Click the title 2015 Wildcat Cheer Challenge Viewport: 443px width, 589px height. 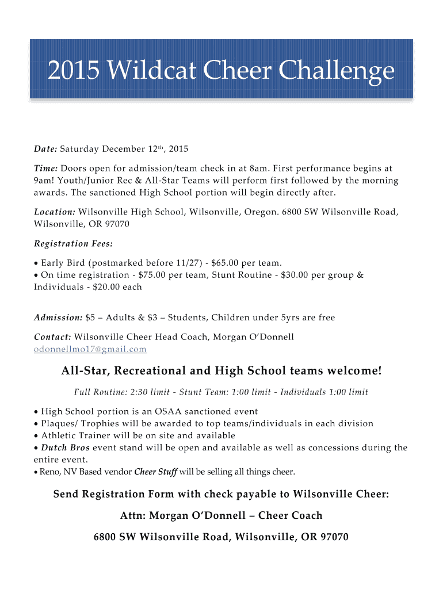[x=221, y=72]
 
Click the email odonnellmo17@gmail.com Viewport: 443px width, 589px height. [x=90, y=349]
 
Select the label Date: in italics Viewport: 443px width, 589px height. [x=45, y=150]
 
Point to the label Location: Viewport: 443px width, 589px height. [x=55, y=212]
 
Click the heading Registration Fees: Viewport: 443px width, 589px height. [x=73, y=243]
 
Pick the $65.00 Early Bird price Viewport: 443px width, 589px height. [x=225, y=263]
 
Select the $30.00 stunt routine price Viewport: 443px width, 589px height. [x=295, y=275]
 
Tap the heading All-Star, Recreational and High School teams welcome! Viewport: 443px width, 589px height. [x=221, y=371]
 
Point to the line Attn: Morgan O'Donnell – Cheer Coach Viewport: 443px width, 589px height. [x=221, y=515]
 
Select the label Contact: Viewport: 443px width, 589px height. [x=53, y=336]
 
